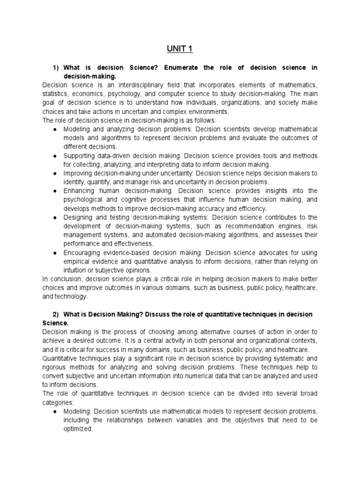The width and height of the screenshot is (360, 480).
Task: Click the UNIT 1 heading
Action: click(180, 49)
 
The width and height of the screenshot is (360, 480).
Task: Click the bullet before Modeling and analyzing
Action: click(55, 129)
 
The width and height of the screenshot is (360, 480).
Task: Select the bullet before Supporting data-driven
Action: click(55, 156)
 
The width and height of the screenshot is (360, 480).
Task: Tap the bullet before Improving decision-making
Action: click(55, 173)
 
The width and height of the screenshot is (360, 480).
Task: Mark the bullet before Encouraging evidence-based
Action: click(55, 253)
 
